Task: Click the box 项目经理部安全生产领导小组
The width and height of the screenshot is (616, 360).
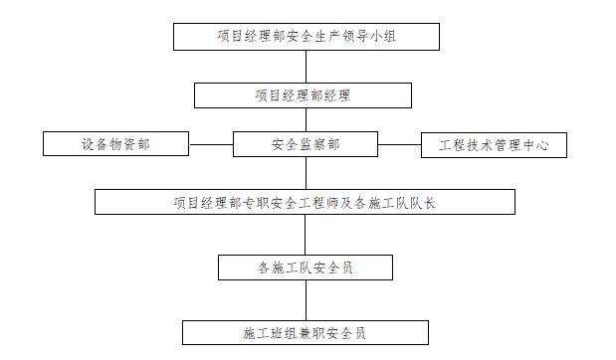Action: (x=305, y=37)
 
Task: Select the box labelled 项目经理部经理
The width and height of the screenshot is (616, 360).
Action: (x=303, y=95)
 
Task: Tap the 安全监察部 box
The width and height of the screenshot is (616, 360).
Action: (x=305, y=144)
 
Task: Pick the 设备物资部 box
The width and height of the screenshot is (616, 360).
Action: (x=115, y=144)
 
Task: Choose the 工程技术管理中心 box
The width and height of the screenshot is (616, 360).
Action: (x=495, y=144)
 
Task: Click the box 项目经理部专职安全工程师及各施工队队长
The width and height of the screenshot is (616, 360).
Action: (x=305, y=203)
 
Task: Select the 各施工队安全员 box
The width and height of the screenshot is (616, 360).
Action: (x=305, y=268)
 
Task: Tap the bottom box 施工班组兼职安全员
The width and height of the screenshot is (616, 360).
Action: (x=305, y=332)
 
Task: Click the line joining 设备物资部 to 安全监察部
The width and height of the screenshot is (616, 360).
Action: (x=211, y=144)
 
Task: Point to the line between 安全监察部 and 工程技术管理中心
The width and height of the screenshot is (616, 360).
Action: (x=400, y=144)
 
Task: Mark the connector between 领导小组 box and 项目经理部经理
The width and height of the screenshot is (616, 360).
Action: (x=306, y=67)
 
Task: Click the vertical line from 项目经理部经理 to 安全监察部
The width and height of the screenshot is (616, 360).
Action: (x=306, y=120)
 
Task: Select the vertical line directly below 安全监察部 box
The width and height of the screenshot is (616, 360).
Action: (x=306, y=174)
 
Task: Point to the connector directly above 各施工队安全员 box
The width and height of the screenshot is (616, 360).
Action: (x=306, y=236)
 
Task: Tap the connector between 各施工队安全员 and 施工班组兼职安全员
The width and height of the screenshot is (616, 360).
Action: (x=306, y=300)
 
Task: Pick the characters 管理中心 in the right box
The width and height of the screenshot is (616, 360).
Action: (x=523, y=144)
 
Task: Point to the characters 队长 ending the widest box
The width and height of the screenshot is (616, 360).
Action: (x=425, y=203)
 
